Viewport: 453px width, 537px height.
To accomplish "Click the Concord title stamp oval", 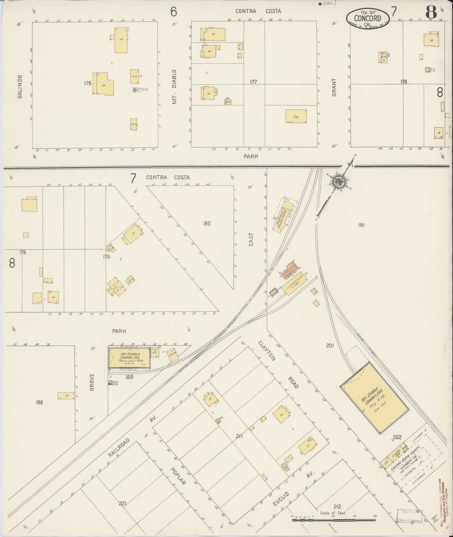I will pos(367,19).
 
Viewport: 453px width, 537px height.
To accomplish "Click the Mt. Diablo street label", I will pos(175,87).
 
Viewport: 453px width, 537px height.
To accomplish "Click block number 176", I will pos(88,83).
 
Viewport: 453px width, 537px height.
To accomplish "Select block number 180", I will pos(206,223).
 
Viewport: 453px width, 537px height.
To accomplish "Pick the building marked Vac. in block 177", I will pos(296,116).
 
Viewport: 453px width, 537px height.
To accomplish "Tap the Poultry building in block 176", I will pos(134,124).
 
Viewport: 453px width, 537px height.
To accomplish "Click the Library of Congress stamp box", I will pos(409,516).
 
